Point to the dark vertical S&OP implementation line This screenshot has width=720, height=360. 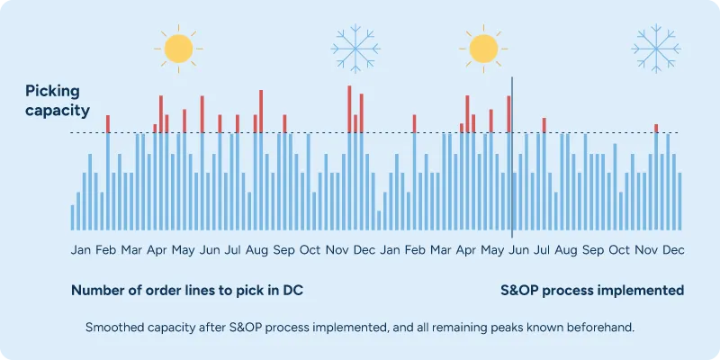(512, 180)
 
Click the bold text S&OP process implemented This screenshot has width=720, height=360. (592, 291)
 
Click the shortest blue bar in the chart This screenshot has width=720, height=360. (379, 220)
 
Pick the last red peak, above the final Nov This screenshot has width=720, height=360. (656, 129)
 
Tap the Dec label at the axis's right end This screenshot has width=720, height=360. (673, 249)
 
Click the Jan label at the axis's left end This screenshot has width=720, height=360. (81, 249)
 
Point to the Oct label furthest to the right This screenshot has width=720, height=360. (619, 249)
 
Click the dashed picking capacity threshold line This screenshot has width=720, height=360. (270, 133)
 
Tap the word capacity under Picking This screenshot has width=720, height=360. (58, 112)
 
